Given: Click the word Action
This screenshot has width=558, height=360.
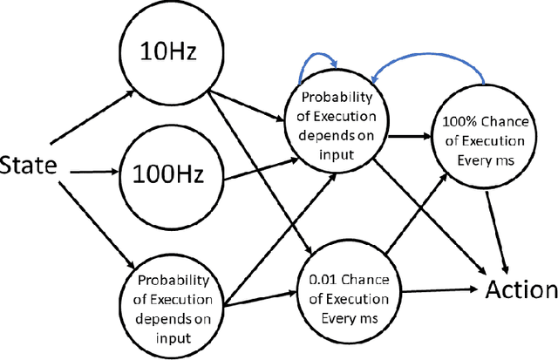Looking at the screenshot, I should tap(521, 289).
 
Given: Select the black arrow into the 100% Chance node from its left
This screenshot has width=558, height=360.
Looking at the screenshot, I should tap(410, 137).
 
